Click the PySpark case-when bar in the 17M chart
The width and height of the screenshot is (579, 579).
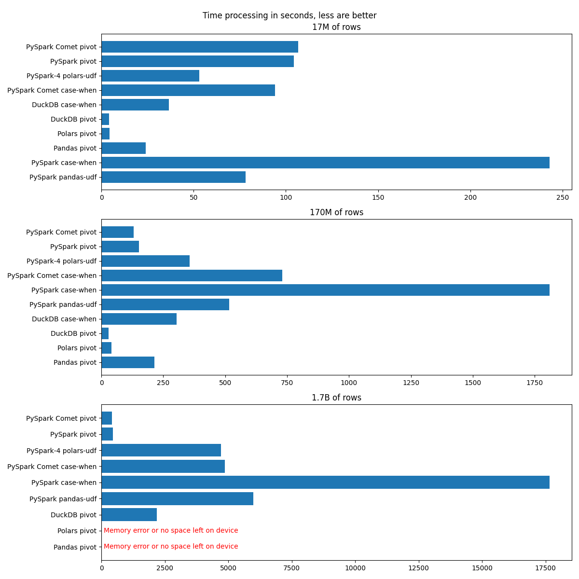coord(325,163)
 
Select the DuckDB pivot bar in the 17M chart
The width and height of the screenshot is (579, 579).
coord(105,119)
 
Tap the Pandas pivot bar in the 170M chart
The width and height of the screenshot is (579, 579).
coord(128,362)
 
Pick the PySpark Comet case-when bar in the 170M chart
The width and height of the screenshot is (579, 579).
coord(192,276)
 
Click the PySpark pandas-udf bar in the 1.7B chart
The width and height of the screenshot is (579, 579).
coord(177,498)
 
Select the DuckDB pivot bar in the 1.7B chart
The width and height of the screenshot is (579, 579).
coord(129,514)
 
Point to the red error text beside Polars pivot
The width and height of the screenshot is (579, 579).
coord(171,531)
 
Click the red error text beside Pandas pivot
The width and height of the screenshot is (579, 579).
coord(171,547)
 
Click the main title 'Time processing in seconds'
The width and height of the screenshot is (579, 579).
coord(289,15)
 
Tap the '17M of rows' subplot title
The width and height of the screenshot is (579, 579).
coord(336,27)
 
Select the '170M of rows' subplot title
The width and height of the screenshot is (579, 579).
coord(336,212)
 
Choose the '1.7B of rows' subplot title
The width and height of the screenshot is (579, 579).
coord(336,398)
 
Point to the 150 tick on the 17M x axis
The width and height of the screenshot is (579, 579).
coord(378,197)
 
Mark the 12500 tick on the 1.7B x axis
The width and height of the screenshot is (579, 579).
coord(419,568)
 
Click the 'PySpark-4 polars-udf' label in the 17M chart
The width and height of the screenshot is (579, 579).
coord(61,76)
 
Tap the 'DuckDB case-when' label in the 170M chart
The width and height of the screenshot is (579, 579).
coord(64,319)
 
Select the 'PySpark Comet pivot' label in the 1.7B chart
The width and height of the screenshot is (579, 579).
coord(61,418)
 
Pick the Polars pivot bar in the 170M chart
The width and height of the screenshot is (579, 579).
coord(106,348)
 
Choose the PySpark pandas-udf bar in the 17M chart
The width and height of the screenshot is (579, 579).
coord(173,177)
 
